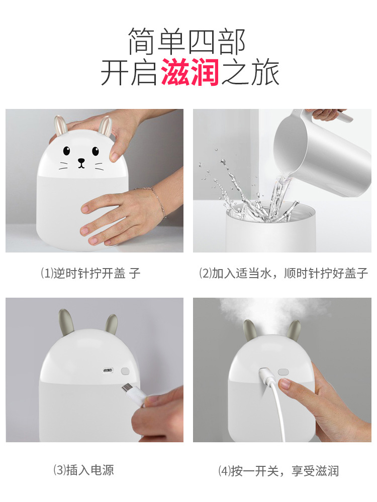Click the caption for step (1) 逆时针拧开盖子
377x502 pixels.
[x=90, y=273]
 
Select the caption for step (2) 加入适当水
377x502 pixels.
[x=284, y=273]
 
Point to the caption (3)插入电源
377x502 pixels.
[x=84, y=470]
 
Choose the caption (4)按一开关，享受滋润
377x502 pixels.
[x=278, y=471]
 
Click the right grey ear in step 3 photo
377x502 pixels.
[x=111, y=324]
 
